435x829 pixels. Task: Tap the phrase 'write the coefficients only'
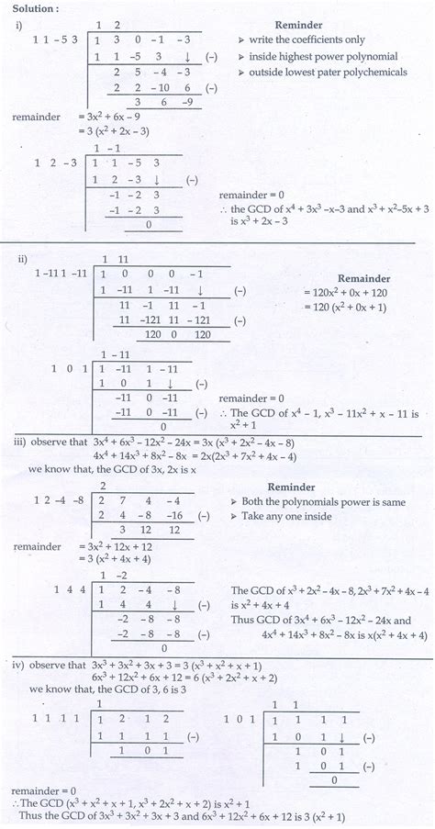click(304, 40)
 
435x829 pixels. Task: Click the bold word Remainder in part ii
click(364, 277)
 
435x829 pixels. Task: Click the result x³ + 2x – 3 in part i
click(267, 221)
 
